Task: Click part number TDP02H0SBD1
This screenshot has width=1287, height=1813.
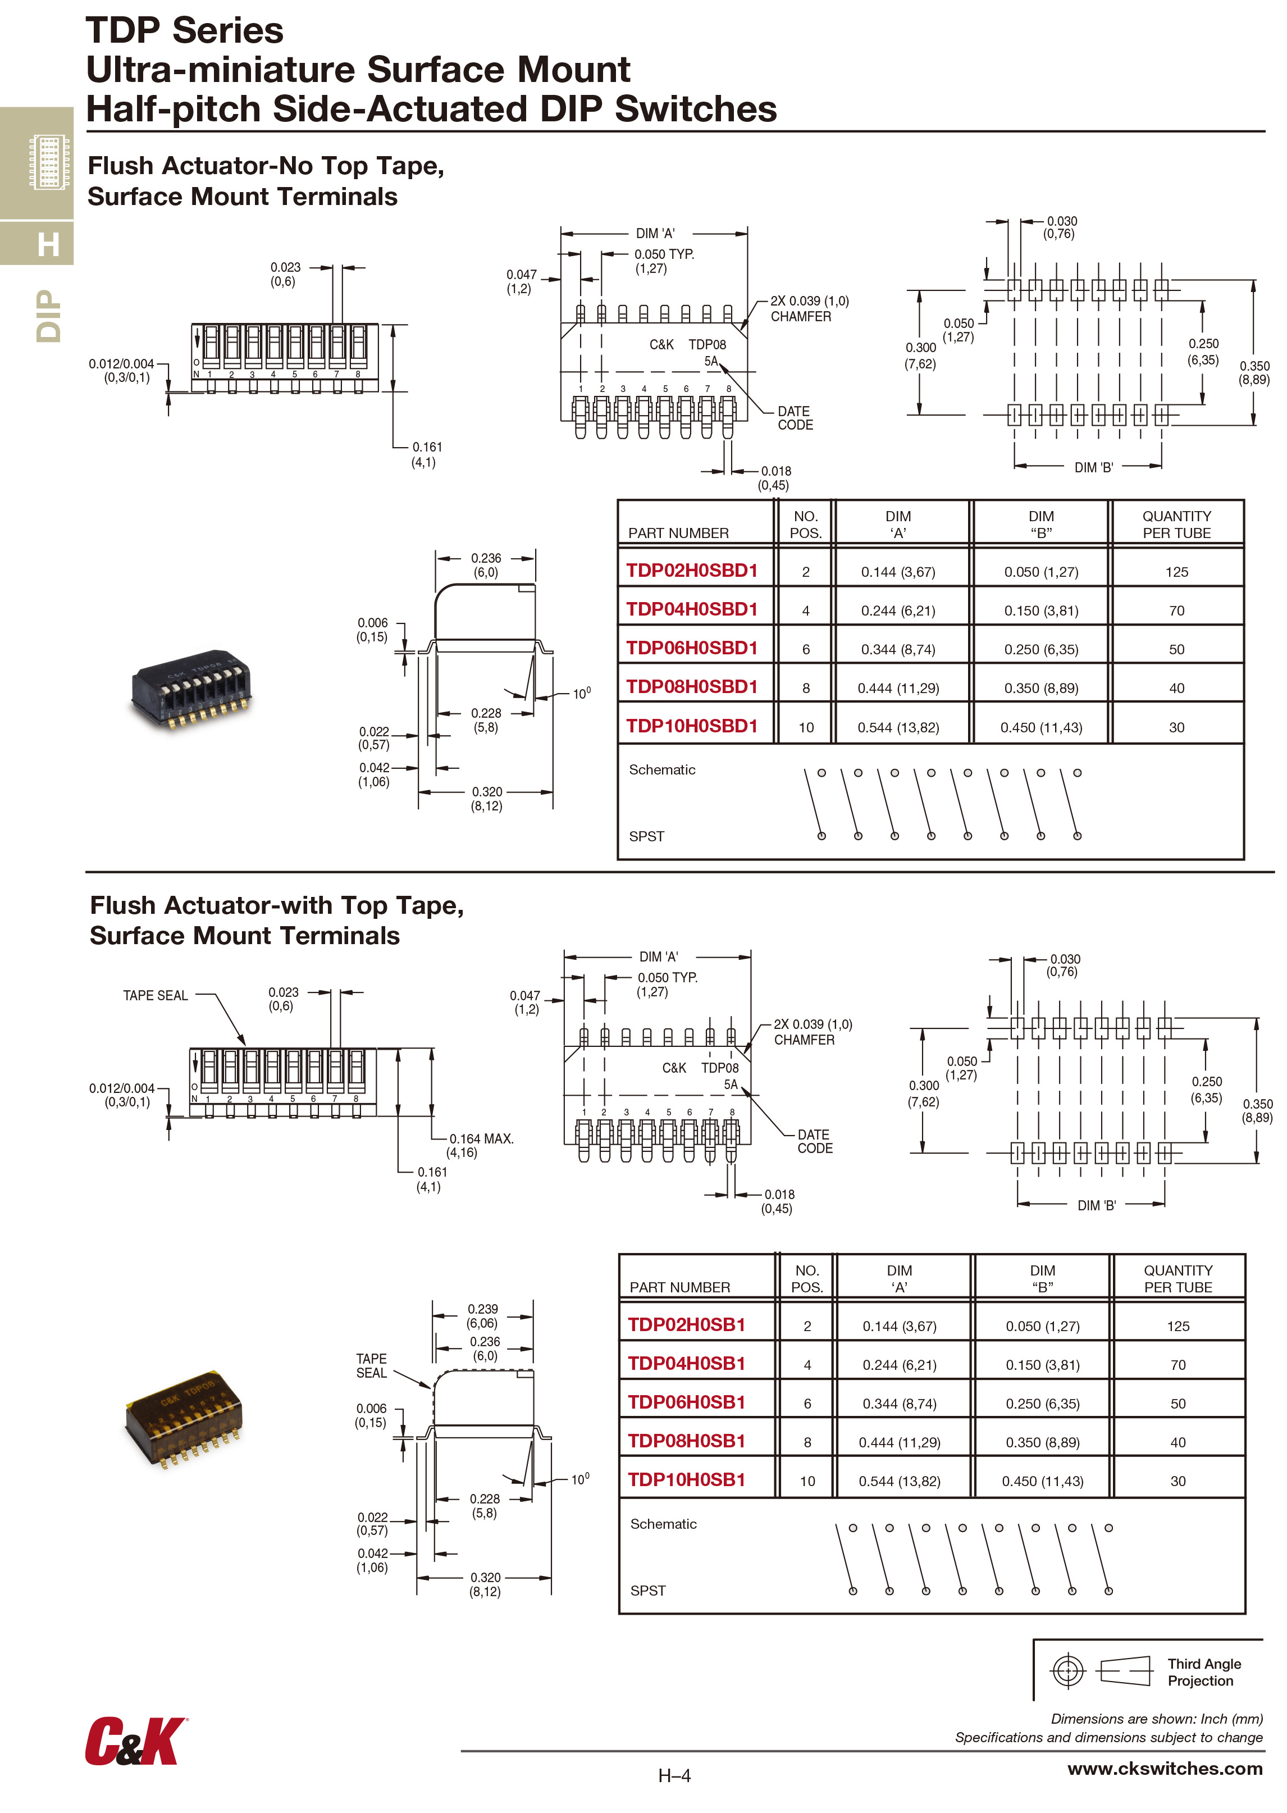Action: pos(691,571)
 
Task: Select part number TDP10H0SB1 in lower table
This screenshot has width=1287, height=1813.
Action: pos(686,1479)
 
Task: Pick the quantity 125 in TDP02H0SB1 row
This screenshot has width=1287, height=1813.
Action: pos(1177,1325)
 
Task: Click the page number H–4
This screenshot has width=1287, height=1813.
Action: pos(674,1776)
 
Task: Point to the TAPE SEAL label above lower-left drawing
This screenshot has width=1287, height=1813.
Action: pos(156,996)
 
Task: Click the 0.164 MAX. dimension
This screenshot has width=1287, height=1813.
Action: pos(481,1139)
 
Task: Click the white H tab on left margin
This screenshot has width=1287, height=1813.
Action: pos(48,244)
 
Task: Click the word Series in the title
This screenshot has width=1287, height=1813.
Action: pos(228,31)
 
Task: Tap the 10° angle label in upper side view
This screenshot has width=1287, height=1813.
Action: pos(581,694)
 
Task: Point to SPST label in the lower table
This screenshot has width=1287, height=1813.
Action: pos(647,1590)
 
